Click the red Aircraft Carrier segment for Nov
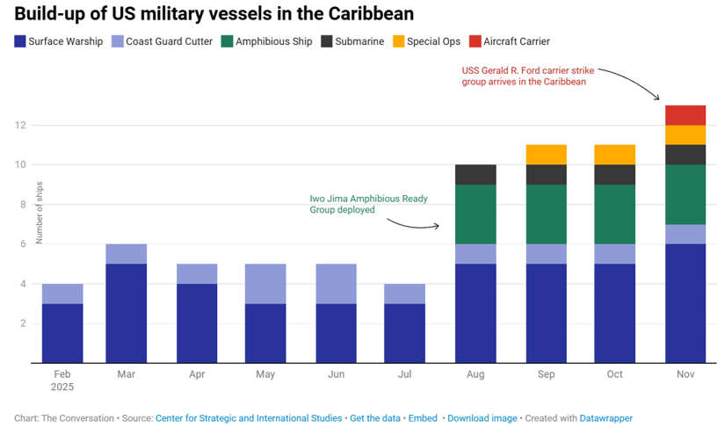click(x=685, y=115)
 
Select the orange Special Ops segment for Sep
click(x=546, y=155)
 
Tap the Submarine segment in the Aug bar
click(x=475, y=174)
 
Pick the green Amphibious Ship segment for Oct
click(x=615, y=213)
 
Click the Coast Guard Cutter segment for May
click(x=265, y=283)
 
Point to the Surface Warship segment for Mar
click(x=126, y=313)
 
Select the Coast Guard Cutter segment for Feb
click(x=62, y=293)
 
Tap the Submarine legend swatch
click(x=327, y=41)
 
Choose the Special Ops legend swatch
click(x=398, y=41)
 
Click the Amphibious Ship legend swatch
click(x=227, y=41)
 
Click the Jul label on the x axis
click(x=405, y=374)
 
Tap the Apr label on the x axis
click(x=196, y=374)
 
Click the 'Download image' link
click(x=482, y=418)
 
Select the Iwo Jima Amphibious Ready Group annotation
click(x=368, y=204)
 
